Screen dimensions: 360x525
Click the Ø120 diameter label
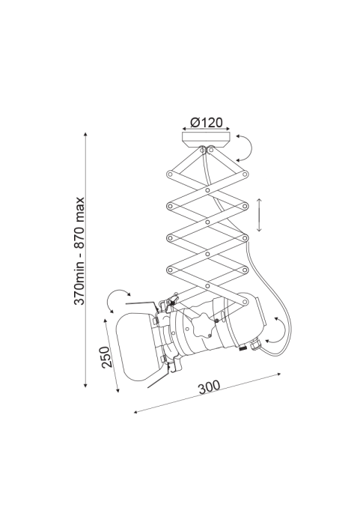click(206, 122)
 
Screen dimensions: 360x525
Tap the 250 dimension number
click(106, 357)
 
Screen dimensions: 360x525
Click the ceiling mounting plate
click(206, 139)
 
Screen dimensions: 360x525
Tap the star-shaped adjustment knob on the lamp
click(202, 325)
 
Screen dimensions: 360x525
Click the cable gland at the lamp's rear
click(256, 345)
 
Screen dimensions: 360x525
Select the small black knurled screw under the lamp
click(242, 348)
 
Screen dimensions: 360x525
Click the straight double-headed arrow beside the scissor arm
click(259, 215)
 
